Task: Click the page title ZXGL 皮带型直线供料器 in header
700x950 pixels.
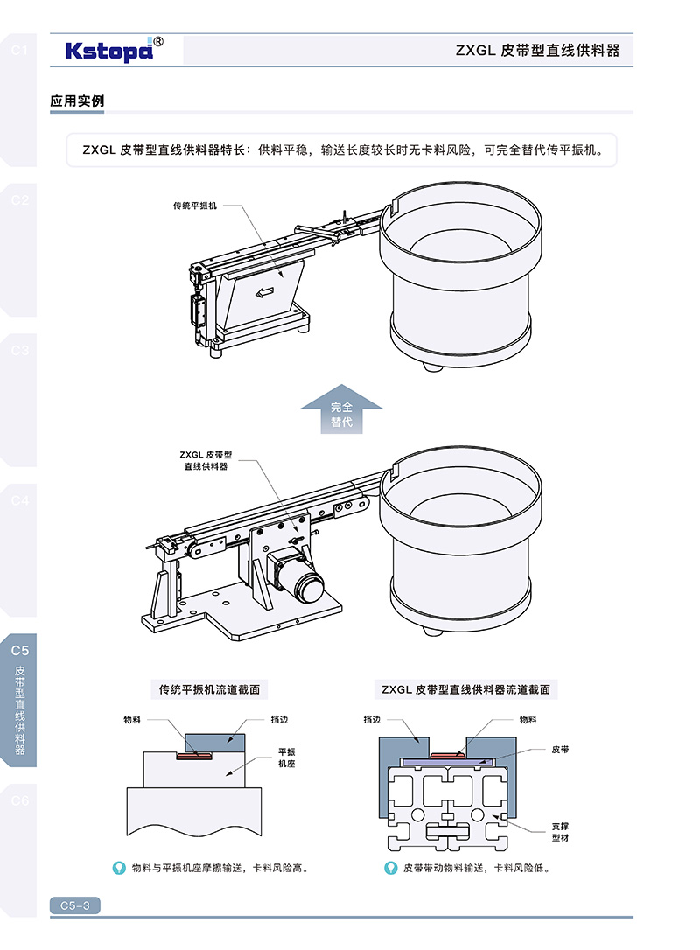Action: click(537, 51)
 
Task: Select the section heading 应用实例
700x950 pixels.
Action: click(77, 101)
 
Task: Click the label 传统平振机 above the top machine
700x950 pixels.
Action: click(194, 206)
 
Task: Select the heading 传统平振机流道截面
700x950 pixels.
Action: click(209, 689)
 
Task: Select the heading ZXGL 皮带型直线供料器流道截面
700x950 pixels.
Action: click(465, 689)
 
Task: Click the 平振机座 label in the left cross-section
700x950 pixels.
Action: click(288, 757)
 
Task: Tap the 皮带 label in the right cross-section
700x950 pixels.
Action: click(561, 750)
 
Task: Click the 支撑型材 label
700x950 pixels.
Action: click(561, 830)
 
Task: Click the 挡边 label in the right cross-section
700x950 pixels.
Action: click(372, 720)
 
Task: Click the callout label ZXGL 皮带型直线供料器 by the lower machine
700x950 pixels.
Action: click(206, 461)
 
